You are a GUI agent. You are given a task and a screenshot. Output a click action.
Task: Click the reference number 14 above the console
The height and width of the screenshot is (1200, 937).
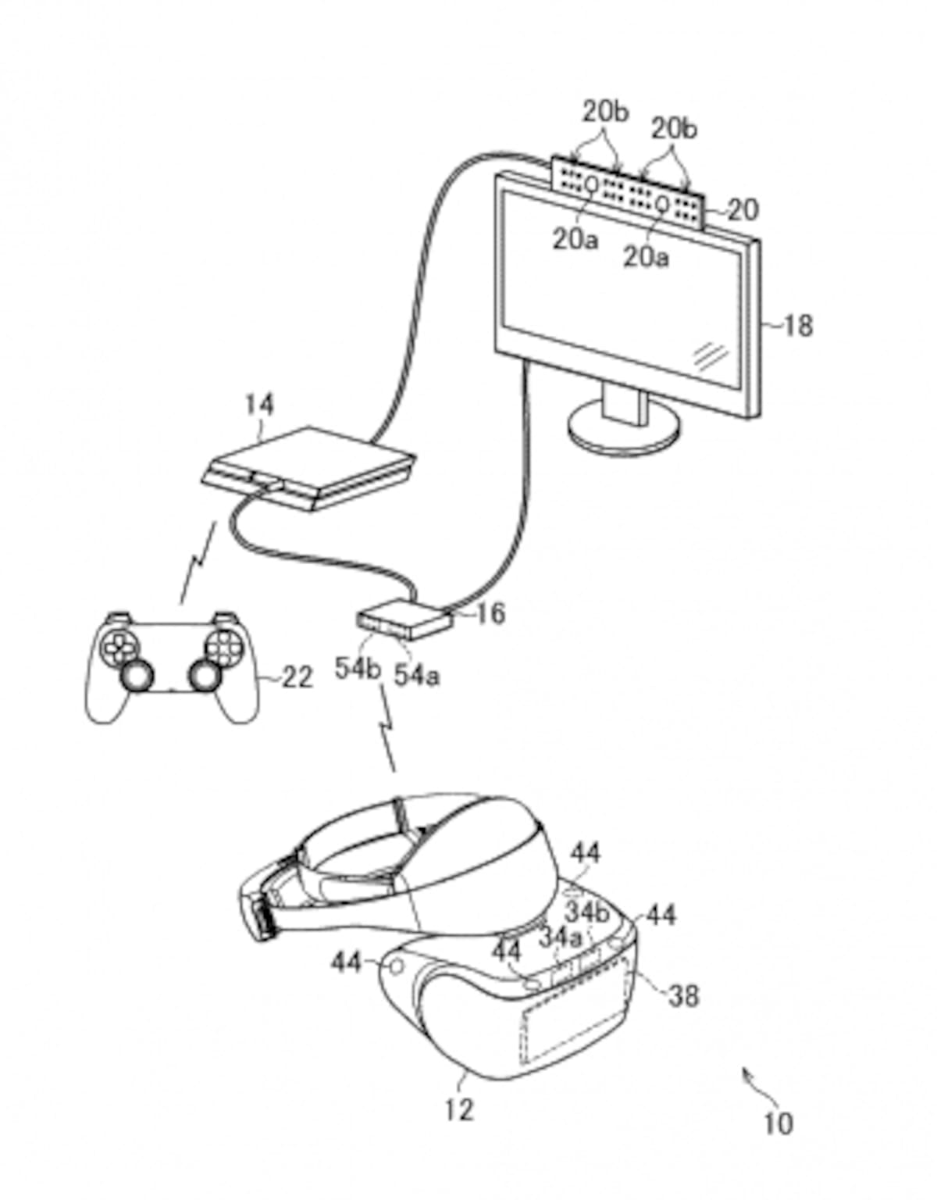[259, 405]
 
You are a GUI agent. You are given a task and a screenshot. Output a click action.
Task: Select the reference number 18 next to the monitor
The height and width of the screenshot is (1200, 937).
[798, 326]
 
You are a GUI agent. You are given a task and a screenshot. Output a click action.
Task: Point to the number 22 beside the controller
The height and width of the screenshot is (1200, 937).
[297, 677]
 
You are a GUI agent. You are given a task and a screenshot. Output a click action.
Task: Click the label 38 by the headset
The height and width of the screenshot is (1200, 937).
[683, 995]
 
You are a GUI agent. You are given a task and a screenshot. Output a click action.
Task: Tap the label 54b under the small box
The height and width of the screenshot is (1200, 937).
[358, 669]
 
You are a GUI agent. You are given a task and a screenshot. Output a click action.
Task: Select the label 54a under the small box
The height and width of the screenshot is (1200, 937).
[417, 676]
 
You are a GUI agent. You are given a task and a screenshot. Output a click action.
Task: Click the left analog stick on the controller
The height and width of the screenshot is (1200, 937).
[136, 675]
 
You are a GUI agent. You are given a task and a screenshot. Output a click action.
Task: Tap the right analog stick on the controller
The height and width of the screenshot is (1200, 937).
[205, 674]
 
